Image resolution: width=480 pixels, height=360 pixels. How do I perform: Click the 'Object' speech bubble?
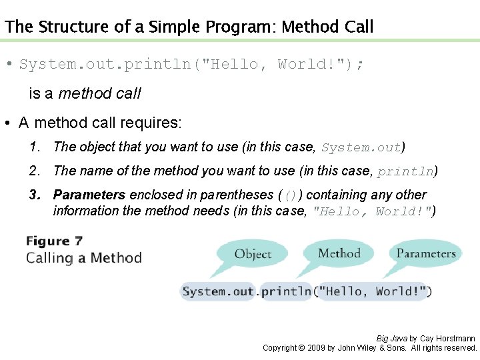point(253,254)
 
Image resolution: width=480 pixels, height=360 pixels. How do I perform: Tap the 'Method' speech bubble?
point(339,253)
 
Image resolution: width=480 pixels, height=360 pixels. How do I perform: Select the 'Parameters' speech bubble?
point(425,253)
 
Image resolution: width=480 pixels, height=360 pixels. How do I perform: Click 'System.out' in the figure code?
point(217,291)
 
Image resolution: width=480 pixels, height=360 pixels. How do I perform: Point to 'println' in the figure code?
point(286,291)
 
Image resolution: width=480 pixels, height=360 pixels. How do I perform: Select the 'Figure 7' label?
point(55,241)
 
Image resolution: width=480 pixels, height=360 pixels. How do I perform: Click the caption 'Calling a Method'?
point(84,258)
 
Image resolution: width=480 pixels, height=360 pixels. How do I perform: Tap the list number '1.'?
point(35,147)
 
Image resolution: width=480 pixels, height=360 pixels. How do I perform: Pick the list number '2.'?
point(35,171)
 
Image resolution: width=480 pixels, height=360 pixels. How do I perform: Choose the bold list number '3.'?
point(35,195)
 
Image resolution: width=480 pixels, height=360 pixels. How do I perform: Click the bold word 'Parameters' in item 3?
point(89,195)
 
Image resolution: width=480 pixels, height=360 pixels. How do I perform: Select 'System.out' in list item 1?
point(361,147)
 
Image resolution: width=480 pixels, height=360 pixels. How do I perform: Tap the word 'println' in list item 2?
point(405,171)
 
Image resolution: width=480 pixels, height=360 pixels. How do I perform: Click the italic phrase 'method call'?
point(99,94)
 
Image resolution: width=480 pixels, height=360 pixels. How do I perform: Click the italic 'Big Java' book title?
point(391,339)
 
